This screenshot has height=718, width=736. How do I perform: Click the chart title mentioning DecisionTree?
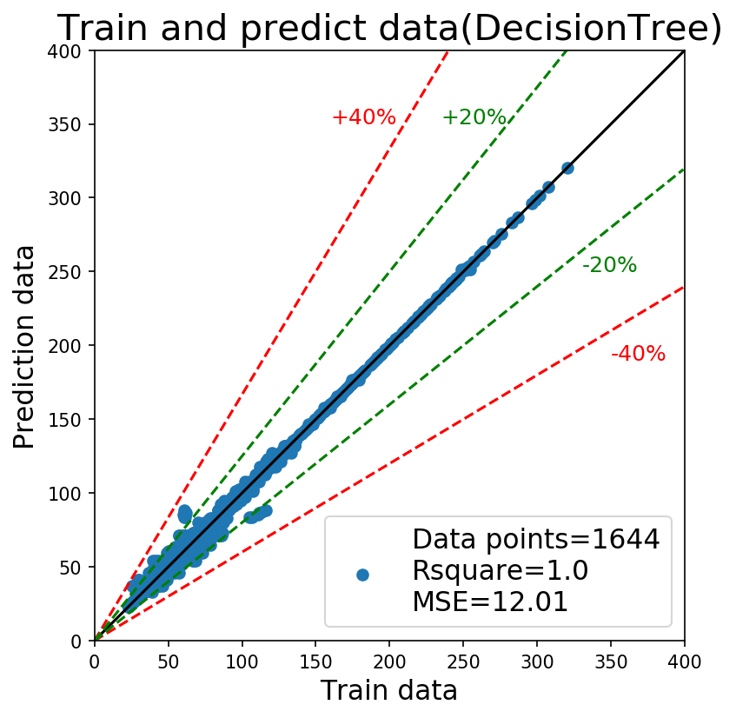tap(389, 27)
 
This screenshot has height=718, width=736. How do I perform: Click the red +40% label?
tap(364, 117)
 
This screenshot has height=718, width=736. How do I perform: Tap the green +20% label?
tap(474, 117)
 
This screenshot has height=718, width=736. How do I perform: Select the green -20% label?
tap(610, 265)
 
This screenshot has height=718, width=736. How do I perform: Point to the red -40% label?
tap(639, 354)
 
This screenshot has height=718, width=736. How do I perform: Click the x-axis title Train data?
tap(389, 690)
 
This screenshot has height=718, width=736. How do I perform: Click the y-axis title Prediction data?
tap(23, 347)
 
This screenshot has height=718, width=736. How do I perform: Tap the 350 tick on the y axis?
tap(65, 124)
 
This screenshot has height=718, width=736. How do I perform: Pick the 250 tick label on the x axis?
tap(463, 662)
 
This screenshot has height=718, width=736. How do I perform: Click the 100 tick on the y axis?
tap(65, 494)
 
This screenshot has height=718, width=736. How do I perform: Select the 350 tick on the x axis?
tap(611, 662)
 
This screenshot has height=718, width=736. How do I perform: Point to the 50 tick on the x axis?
tap(168, 662)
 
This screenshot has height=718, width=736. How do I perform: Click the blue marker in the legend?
tap(362, 575)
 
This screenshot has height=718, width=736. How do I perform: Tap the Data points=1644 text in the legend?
tap(536, 539)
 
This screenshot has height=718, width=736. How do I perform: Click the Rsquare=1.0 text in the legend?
tap(501, 570)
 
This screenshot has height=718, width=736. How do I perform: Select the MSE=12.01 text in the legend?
tap(490, 602)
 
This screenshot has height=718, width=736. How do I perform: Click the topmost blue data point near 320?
tap(567, 168)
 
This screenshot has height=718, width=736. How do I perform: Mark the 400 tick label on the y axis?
tap(65, 50)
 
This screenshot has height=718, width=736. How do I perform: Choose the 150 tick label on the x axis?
tap(315, 662)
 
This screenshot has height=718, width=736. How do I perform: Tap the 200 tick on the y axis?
tap(65, 346)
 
